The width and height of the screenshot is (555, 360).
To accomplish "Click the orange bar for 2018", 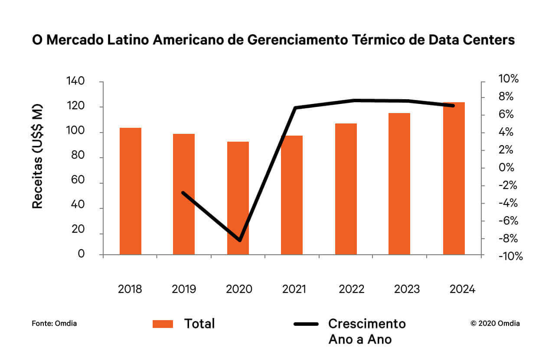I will pyautogui.click(x=131, y=191).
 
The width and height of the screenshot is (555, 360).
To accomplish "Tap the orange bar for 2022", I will pyautogui.click(x=346, y=189).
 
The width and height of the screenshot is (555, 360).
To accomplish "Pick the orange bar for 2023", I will pyautogui.click(x=399, y=184).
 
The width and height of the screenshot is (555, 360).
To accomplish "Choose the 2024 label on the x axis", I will pyautogui.click(x=462, y=289).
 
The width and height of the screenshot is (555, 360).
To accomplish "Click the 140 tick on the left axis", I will pyautogui.click(x=75, y=81).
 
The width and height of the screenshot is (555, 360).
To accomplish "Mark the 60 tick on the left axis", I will pyautogui.click(x=78, y=183).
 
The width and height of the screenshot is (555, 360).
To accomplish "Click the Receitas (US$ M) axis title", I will pyautogui.click(x=38, y=156).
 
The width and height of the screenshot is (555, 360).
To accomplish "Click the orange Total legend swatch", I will pyautogui.click(x=163, y=324).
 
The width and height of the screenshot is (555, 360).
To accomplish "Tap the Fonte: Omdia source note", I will pyautogui.click(x=54, y=323).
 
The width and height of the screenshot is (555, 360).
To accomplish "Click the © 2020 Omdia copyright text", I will pyautogui.click(x=495, y=323).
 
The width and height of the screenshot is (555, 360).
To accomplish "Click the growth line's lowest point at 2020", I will pyautogui.click(x=240, y=240).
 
